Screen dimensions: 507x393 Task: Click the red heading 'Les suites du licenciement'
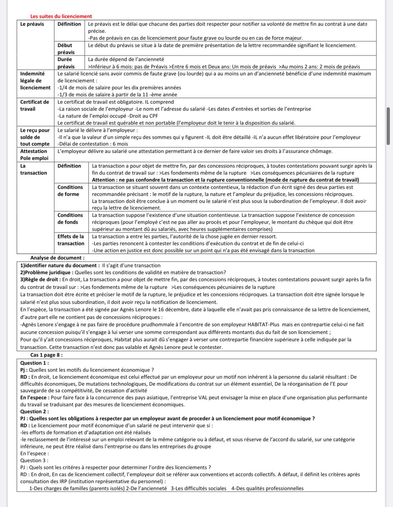tap(61, 16)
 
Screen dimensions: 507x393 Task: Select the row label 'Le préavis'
tap(32, 24)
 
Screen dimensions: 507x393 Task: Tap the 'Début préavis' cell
tap(65, 49)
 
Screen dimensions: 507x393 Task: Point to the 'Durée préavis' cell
tap(66, 63)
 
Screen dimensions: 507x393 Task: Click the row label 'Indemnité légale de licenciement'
tap(35, 81)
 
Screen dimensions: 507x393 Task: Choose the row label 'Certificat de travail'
tap(35, 105)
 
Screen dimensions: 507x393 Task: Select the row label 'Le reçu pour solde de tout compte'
tap(35, 137)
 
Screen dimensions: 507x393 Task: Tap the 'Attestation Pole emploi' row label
tap(34, 154)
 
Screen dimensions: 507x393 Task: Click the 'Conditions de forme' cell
tap(70, 190)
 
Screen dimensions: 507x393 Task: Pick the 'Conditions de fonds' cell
tap(70, 218)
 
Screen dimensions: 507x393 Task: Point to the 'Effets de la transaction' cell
tap(71, 240)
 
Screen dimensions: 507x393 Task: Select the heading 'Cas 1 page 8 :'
tap(46, 355)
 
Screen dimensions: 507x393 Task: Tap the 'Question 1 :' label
tap(35, 363)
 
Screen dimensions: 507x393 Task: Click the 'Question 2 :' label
tap(35, 411)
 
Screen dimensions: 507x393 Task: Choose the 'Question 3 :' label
tap(34, 460)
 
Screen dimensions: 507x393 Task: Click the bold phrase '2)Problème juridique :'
tap(47, 273)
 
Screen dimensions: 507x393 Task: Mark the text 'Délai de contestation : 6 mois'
tap(94, 144)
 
